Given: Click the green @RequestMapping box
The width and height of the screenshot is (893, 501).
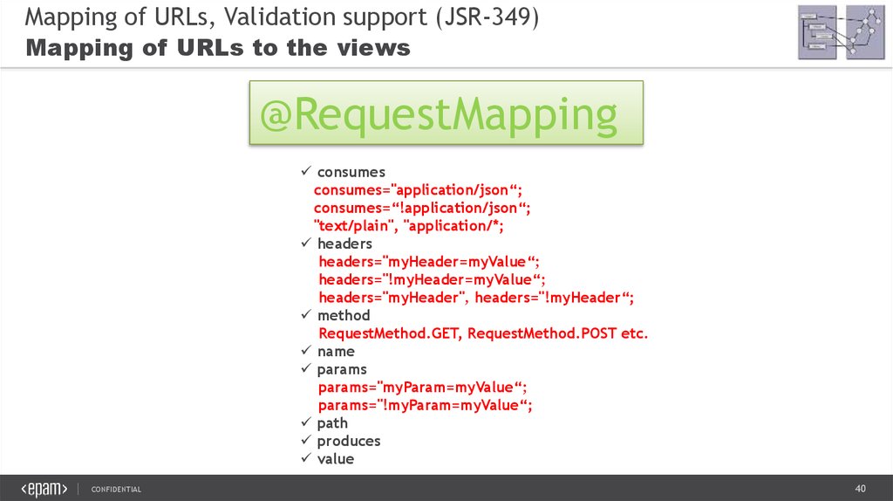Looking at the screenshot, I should (446, 113).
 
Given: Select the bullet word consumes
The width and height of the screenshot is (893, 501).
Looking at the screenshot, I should (351, 172).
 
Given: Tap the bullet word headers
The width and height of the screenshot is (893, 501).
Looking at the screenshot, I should (344, 244).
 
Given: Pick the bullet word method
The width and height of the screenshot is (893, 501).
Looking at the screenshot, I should (344, 315).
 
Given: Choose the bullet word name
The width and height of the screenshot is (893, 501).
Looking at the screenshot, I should (336, 351).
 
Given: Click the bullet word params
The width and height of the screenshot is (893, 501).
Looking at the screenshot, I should (342, 369).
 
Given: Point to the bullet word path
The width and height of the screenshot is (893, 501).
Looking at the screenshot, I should (332, 422).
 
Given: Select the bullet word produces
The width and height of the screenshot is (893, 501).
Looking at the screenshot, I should (349, 441).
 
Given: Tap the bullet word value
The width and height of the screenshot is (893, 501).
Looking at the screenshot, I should (336, 458).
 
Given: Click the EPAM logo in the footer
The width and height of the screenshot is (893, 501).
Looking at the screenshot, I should (44, 489).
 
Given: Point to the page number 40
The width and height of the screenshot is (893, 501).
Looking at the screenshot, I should (860, 488).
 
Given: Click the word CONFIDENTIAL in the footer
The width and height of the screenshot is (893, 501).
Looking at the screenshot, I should (116, 489).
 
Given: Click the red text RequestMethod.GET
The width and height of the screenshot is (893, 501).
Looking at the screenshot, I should (388, 333).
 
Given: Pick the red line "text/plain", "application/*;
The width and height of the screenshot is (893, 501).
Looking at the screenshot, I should (409, 225).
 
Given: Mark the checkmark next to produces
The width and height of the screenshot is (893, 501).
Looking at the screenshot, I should (305, 441).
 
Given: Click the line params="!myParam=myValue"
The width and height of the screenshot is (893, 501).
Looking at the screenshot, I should (425, 405).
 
